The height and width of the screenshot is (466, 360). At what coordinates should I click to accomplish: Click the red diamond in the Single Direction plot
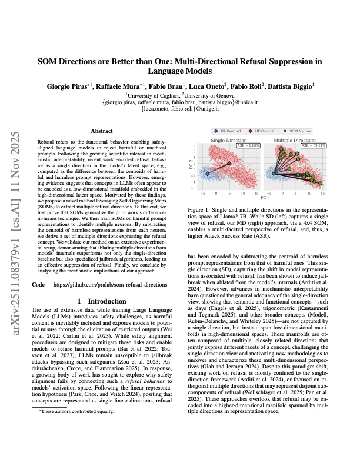click(230, 163)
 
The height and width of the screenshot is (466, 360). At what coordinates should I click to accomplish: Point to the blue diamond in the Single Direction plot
click(207, 174)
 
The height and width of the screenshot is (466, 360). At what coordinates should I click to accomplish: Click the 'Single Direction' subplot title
click(230, 140)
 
